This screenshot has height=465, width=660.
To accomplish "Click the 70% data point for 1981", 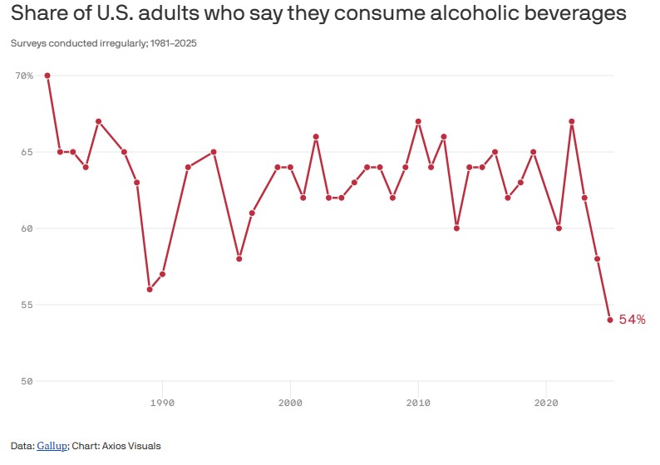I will [47, 76].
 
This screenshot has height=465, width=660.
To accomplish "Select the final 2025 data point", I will [610, 320].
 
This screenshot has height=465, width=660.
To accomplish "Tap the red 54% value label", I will [632, 320].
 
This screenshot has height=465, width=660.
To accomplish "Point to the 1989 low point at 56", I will [150, 289].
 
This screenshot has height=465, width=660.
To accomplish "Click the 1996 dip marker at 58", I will [239, 258].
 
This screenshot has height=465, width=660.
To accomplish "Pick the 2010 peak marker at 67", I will [418, 121].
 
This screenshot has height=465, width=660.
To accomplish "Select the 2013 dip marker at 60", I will [456, 228].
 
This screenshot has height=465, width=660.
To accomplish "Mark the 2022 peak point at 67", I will [572, 121].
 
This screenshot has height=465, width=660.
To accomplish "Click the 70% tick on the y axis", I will [24, 76].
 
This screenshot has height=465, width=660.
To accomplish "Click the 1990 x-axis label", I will [162, 403].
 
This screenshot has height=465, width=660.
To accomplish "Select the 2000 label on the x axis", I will [290, 403].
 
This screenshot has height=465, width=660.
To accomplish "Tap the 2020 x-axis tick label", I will [546, 403].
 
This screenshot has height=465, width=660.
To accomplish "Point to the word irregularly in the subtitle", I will [112, 43].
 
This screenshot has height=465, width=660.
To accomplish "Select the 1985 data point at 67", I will [98, 121].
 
